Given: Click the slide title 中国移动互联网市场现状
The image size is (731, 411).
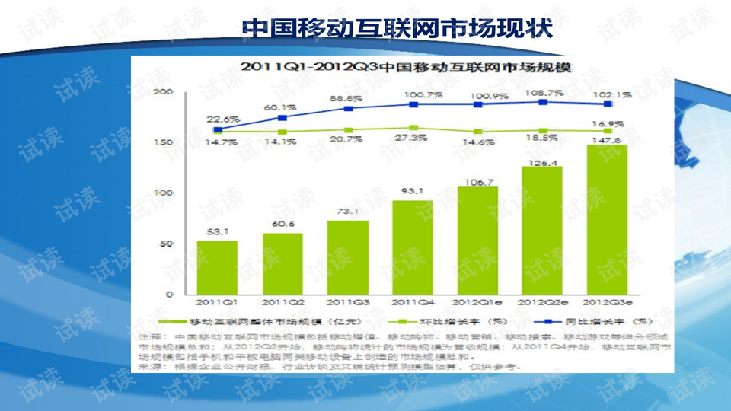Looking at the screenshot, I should (397, 28).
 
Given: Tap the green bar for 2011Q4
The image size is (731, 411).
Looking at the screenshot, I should (413, 247).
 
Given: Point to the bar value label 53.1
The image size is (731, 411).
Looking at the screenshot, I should (217, 232).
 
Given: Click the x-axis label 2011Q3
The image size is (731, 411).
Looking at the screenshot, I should (347, 301).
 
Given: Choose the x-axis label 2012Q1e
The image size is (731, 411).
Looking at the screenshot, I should (477, 301).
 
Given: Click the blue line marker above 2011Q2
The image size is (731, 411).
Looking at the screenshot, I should (283, 118).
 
